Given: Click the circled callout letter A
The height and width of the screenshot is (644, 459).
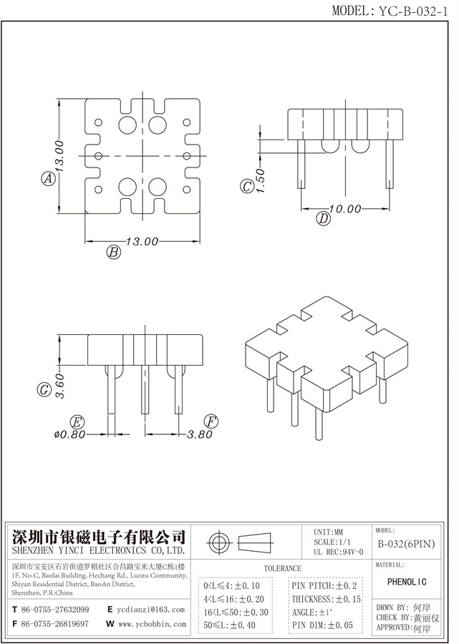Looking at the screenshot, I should point(48,179).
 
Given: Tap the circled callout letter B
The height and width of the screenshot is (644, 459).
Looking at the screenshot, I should point(112,251).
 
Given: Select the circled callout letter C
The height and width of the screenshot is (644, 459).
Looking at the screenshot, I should point(246,187).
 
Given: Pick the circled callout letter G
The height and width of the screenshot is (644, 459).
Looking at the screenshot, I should point(44,390).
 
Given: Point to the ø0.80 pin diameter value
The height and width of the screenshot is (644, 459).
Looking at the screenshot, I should point(69,434).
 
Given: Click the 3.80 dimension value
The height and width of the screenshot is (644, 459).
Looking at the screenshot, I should point(200,434).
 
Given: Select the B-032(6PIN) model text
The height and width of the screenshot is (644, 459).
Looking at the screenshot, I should point(406,544).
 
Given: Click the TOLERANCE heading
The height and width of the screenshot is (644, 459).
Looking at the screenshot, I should point(283,568).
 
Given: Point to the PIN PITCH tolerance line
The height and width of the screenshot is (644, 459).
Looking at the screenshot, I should point(324,585).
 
